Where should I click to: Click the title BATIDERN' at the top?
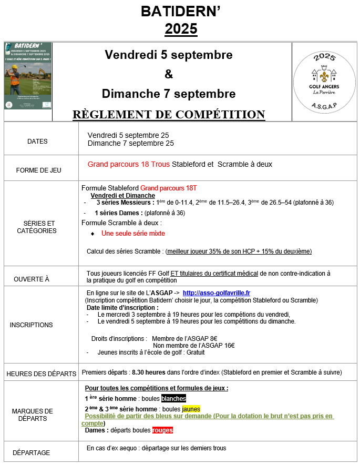pos(180,12)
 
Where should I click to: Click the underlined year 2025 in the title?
pos(180,28)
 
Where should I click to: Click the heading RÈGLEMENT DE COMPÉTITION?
pos(168,114)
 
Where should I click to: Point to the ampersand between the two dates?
pos(168,74)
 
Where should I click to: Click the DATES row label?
pos(37,141)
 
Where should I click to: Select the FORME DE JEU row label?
pos(39,170)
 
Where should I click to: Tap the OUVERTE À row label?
pos(32,279)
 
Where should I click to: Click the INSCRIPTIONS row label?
pos(31,325)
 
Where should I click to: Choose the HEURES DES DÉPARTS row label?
pos(41,374)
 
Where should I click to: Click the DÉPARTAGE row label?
pos(32,452)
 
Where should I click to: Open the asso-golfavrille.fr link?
pos(216,293)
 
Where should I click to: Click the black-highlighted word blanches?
pos(173,398)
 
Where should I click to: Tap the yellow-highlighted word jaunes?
pos(191,409)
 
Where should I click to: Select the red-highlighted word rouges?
pos(162,430)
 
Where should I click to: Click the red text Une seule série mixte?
pos(133,233)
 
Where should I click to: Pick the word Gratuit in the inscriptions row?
pos(193,352)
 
